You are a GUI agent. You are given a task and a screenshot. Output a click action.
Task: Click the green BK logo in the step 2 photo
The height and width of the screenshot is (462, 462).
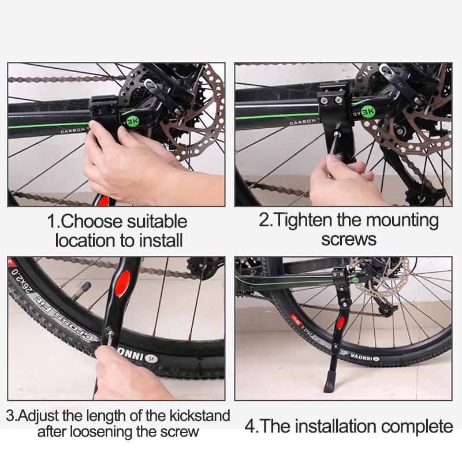(367, 107)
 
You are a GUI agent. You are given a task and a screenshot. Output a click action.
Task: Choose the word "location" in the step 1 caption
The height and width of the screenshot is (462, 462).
(85, 239)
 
